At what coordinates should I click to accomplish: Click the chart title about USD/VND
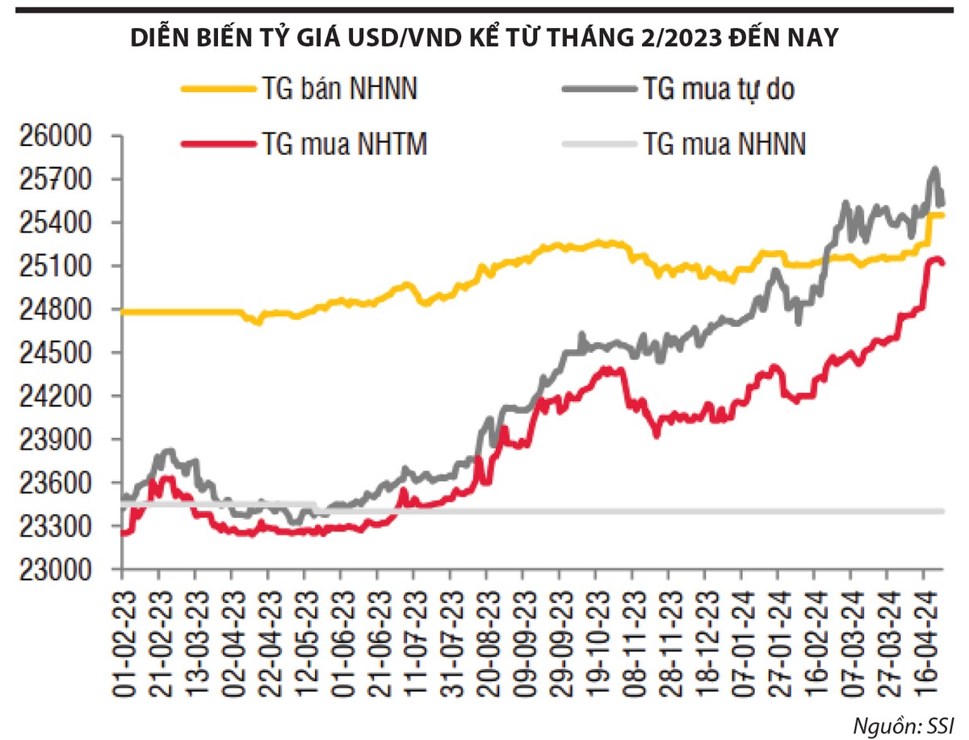[484, 38]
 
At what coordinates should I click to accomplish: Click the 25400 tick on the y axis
[59, 223]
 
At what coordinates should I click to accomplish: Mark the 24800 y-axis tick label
[59, 310]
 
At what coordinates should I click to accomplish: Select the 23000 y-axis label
[59, 570]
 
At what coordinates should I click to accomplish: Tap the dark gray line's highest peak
[935, 169]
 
